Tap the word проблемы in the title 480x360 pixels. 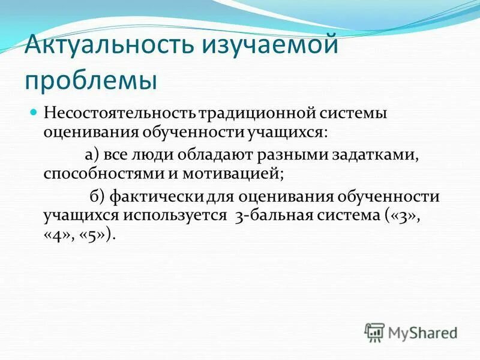(x=91, y=80)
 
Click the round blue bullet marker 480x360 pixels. (x=34, y=112)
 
